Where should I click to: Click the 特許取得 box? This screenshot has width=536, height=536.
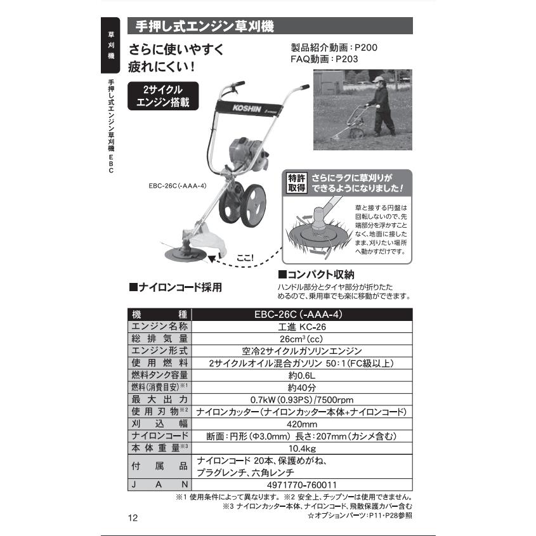(x=297, y=183)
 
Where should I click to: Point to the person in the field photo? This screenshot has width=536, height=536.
(x=380, y=104)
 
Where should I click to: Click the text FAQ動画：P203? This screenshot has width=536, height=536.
(x=324, y=59)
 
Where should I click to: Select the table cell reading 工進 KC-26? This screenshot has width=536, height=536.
(x=301, y=326)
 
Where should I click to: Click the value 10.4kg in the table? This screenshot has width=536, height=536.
(x=301, y=448)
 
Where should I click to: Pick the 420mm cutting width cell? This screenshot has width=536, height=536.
(x=301, y=424)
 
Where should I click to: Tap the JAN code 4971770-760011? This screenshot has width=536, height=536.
(x=301, y=485)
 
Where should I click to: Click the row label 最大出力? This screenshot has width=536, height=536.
(x=159, y=400)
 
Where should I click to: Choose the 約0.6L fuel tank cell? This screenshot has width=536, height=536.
(x=301, y=375)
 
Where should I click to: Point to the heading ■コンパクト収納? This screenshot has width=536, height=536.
(x=316, y=275)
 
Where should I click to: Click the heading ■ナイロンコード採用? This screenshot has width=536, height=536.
(x=176, y=287)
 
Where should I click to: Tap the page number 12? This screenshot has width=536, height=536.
(x=133, y=518)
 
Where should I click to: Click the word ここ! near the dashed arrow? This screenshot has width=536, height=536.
(x=244, y=258)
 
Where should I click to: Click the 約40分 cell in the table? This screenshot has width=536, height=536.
(x=301, y=387)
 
